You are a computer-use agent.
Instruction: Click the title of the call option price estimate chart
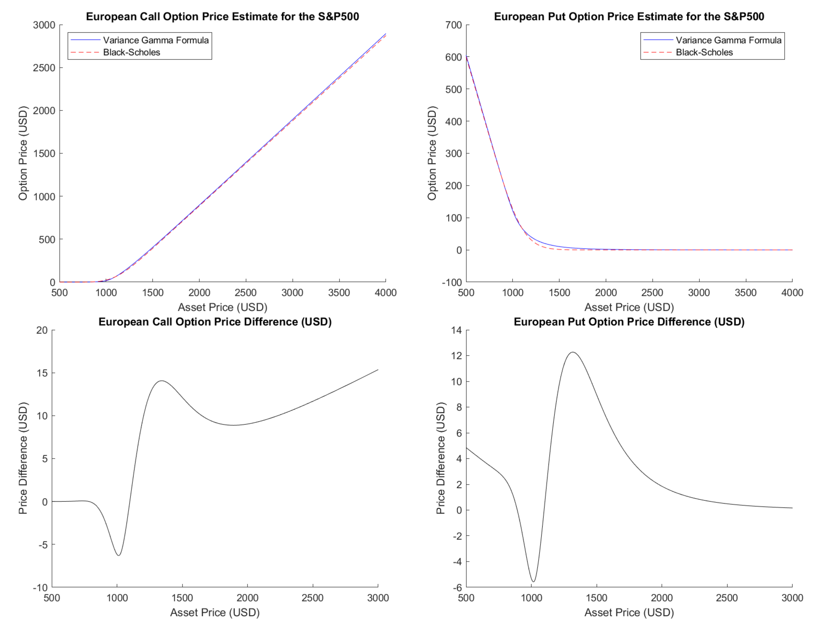pos(222,17)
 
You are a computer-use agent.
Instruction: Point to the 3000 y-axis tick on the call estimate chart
pos(44,25)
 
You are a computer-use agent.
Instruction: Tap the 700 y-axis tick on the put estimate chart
pos(453,25)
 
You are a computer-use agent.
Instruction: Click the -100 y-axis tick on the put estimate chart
pos(451,283)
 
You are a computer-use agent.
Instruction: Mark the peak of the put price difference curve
pos(573,352)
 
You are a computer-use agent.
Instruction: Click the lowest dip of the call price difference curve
pos(118,555)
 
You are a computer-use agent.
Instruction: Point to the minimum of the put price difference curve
pos(533,581)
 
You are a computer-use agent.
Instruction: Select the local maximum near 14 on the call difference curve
pos(161,381)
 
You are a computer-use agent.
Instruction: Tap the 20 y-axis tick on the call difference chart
pos(42,330)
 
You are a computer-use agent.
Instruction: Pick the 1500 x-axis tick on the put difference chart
pos(596,598)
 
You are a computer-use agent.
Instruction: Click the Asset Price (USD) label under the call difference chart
pos(215,612)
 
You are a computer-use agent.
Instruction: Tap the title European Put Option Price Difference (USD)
pos(629,322)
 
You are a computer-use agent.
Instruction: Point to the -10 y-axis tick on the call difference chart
pos(40,588)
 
